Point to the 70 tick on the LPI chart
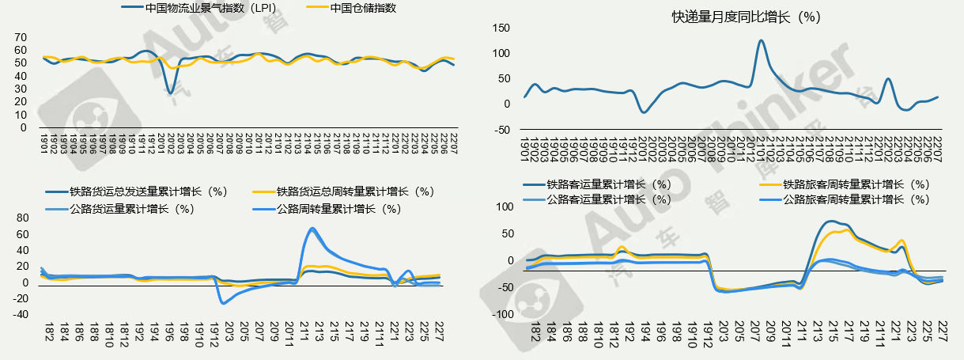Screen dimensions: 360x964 pos(21,37)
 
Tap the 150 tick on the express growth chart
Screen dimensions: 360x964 pos(501,28)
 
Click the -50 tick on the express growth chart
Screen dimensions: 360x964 pos(503,130)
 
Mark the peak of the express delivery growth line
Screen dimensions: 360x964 pos(761,40)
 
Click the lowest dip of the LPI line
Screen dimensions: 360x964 pos(170,93)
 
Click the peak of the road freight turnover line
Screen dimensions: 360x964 pos(313,229)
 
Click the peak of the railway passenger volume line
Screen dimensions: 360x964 pos(830,222)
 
